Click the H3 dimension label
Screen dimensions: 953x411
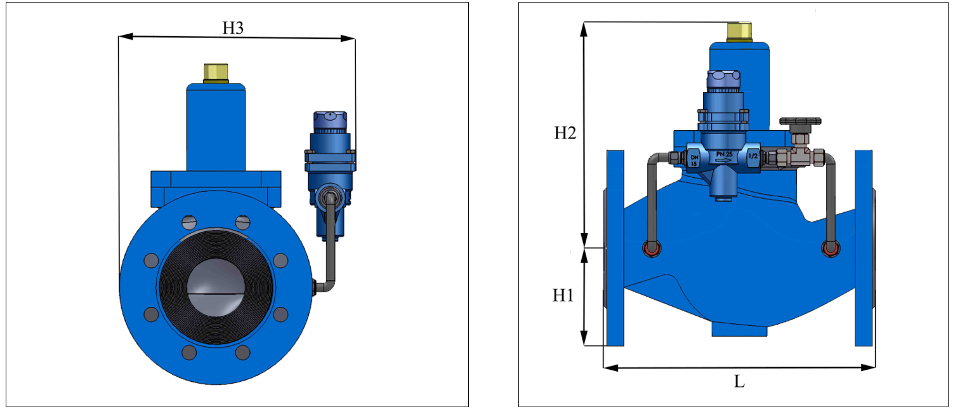[233, 28]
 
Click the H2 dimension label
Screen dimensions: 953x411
[565, 133]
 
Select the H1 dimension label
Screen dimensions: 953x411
[563, 295]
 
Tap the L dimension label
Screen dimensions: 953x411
[739, 381]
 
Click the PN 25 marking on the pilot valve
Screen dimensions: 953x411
[724, 154]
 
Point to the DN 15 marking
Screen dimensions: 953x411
[694, 161]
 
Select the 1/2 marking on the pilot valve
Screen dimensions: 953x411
[753, 156]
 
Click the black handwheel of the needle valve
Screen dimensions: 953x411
[800, 121]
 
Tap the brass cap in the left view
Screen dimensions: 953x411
[216, 73]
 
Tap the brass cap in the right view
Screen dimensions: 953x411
[739, 32]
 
